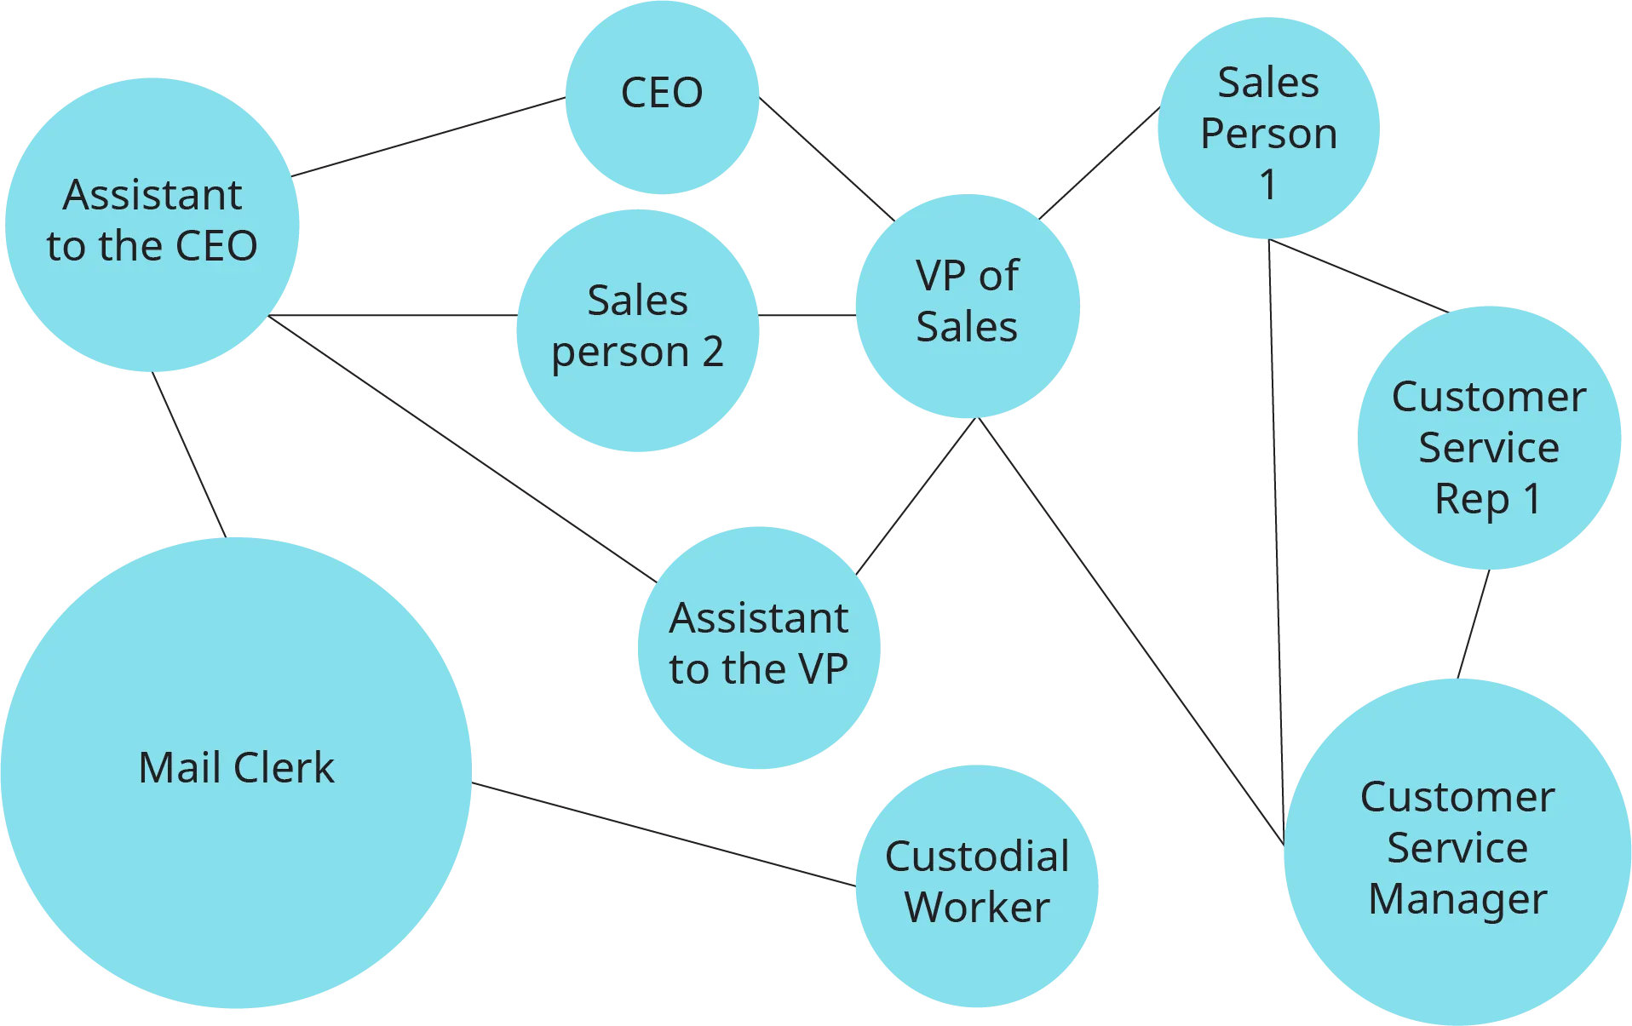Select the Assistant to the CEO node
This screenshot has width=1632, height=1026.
point(152,223)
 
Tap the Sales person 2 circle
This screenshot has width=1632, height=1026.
point(637,330)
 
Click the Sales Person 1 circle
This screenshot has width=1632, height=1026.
point(1268,128)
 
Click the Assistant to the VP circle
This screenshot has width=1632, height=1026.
point(758,647)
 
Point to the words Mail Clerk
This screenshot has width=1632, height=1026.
point(236,767)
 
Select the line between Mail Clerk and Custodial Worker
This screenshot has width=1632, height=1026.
point(664,832)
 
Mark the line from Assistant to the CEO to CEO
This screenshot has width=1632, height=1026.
point(428,135)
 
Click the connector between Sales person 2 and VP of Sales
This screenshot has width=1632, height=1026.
point(806,317)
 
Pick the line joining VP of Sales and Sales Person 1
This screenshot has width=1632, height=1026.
point(1099,161)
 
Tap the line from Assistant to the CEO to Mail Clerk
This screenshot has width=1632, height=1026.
point(188,455)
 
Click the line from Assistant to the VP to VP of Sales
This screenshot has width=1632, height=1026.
point(917,496)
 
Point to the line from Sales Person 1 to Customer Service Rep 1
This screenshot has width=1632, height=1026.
point(1359,276)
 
